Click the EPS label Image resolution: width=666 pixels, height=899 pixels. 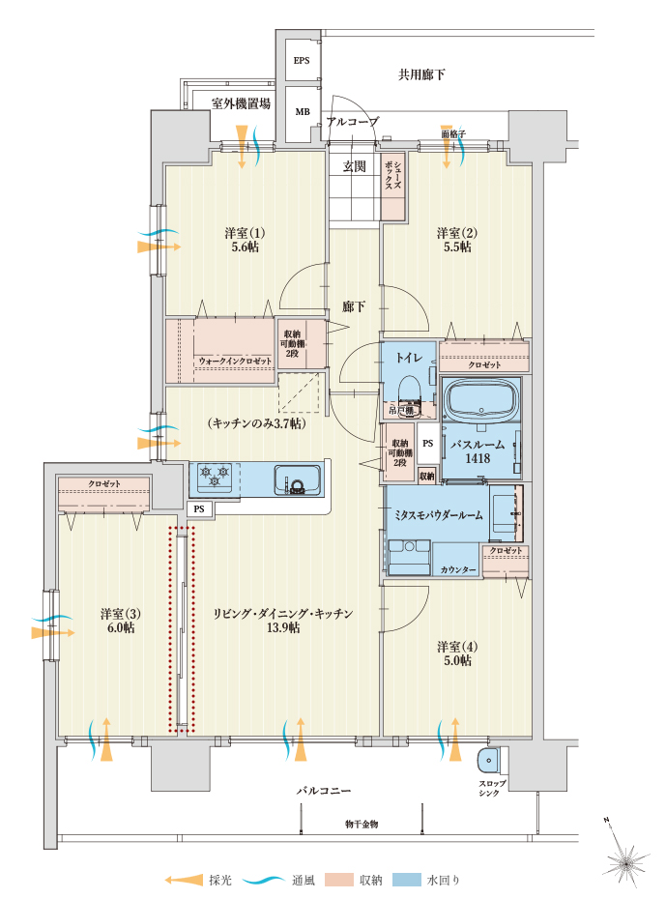302,61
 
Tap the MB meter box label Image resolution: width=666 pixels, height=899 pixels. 302,112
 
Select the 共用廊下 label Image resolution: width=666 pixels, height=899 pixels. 421,74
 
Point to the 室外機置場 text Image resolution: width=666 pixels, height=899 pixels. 241,103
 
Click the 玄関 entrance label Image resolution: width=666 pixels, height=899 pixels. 354,166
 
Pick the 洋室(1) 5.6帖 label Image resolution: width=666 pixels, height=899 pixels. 245,240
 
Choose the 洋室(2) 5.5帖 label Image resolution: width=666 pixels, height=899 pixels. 457,240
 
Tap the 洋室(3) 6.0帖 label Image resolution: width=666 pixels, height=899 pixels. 121,621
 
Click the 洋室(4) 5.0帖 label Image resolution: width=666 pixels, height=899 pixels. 457,653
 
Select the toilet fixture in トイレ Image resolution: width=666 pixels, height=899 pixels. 409,391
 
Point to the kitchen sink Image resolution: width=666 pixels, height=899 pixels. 297,479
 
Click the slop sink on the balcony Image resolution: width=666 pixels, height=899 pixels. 488,761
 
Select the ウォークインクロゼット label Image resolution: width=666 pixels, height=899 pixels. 235,362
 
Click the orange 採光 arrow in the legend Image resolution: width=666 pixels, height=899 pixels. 184,880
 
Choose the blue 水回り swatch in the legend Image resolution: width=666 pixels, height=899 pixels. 407,880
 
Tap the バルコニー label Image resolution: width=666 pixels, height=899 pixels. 323,791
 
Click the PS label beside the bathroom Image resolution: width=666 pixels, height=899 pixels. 427,443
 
